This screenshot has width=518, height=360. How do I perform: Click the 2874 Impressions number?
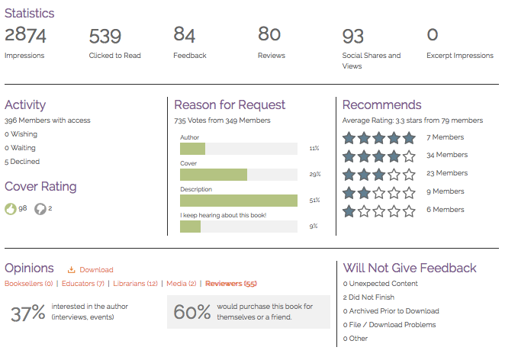click(x=25, y=35)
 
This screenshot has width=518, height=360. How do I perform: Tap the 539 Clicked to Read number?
click(x=105, y=36)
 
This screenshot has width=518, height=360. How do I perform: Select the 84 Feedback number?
click(x=185, y=34)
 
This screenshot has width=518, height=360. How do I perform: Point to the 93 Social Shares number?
click(x=352, y=36)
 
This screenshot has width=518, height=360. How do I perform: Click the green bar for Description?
click(x=238, y=201)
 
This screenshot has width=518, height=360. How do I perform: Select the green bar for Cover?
click(x=213, y=175)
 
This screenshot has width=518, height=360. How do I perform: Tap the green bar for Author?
click(x=192, y=149)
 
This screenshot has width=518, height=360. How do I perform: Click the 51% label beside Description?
click(x=315, y=201)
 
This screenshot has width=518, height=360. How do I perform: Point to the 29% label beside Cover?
click(x=315, y=175)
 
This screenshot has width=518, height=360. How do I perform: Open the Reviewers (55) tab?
click(x=230, y=284)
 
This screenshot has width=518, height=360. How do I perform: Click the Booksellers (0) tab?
click(x=29, y=284)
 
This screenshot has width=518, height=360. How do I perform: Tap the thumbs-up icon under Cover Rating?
click(x=11, y=209)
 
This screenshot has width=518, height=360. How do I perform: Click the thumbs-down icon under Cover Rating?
click(x=40, y=209)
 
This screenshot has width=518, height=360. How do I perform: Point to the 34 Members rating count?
click(x=447, y=155)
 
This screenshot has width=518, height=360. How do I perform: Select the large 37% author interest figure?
click(x=28, y=313)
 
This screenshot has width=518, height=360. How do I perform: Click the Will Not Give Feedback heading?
click(x=410, y=268)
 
